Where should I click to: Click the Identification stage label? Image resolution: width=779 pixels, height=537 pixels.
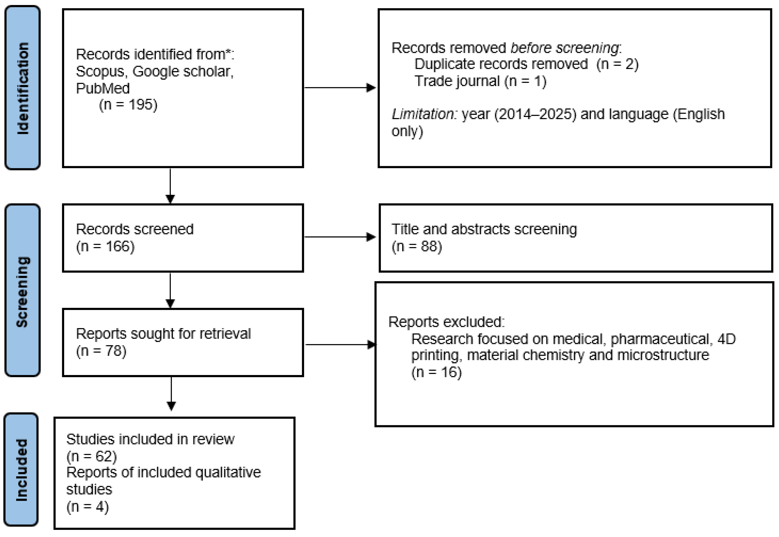pos(23,88)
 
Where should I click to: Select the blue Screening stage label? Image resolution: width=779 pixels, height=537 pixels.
pos(23,291)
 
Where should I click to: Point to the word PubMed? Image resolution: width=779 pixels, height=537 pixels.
pos(103,88)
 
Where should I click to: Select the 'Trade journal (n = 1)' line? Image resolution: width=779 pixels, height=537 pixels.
pos(480,81)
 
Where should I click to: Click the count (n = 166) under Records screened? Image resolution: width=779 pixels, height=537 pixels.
pos(105,246)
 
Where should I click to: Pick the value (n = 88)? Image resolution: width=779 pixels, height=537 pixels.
pos(417,246)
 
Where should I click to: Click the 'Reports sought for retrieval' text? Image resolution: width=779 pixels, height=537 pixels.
pos(163,334)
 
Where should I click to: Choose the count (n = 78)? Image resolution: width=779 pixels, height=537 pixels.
pos(101,351)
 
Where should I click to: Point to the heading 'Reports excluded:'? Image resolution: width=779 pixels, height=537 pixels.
pos(447,322)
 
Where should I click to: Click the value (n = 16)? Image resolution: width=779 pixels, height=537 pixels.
pos(436,372)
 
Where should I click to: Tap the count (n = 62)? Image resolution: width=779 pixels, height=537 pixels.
pos(92,456)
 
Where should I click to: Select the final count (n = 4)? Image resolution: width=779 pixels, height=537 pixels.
pos(87,507)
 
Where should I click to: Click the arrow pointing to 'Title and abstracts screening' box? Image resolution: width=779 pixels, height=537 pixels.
pos(340,237)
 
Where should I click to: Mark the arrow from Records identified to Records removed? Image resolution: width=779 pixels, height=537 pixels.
pos(340,88)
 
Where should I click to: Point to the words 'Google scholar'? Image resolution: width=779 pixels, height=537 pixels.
pos(182,71)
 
